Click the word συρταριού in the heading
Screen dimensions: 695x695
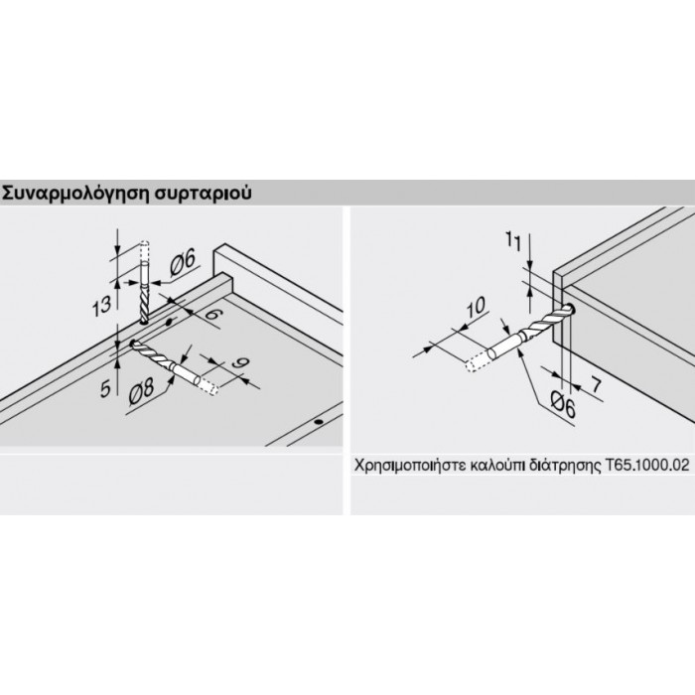pos(203,194)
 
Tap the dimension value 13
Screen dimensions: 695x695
pos(102,307)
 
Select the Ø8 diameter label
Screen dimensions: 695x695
pos(142,393)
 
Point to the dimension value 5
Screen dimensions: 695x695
pos(105,389)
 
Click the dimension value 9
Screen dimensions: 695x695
pos(240,364)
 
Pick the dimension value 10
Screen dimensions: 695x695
pos(476,307)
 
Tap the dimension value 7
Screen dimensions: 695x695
pos(596,385)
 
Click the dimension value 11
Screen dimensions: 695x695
pos(513,242)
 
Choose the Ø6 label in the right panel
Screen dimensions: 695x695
pos(563,405)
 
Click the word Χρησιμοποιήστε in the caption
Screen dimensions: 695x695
pos(409,466)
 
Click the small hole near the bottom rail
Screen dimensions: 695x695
pos(318,422)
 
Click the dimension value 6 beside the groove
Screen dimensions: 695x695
pos(211,315)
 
